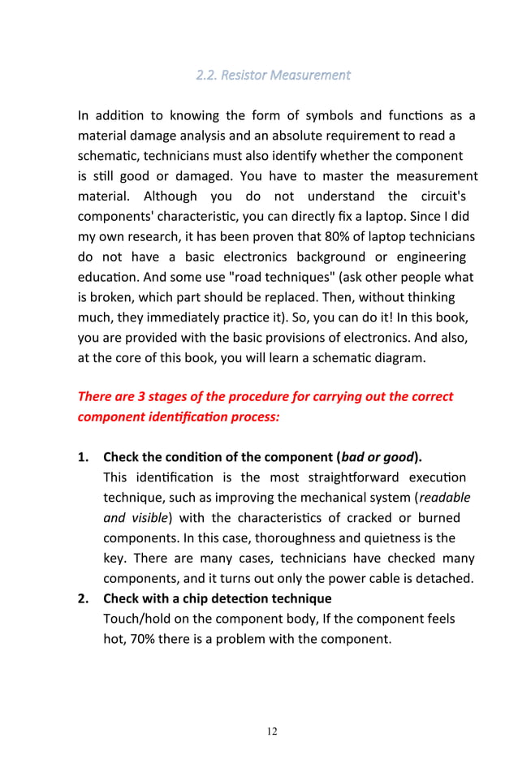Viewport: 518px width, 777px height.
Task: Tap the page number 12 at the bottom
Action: coord(272,732)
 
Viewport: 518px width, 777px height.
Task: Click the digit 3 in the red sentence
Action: coord(139,397)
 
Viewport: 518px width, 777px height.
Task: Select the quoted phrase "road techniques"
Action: coord(229,278)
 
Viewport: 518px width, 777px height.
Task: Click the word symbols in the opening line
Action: coord(297,115)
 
